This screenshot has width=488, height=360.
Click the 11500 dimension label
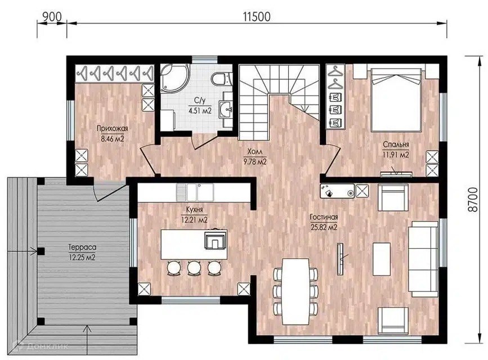click(257, 17)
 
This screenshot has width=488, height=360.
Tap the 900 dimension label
click(52, 17)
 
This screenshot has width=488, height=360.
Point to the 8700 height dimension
click(473, 200)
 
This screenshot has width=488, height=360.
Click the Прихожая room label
click(113, 128)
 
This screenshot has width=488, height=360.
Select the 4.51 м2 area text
click(200, 110)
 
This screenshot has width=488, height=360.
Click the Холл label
click(255, 151)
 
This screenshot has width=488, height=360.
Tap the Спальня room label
click(396, 145)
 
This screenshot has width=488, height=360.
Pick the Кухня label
click(194, 210)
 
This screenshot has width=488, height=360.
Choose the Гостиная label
click(324, 217)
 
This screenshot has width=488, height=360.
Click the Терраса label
click(82, 247)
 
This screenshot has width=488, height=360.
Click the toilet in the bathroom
click(222, 78)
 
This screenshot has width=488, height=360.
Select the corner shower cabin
click(174, 78)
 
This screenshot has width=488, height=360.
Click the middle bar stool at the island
click(194, 268)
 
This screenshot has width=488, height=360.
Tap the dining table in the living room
click(296, 291)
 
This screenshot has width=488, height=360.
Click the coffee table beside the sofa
click(382, 259)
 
